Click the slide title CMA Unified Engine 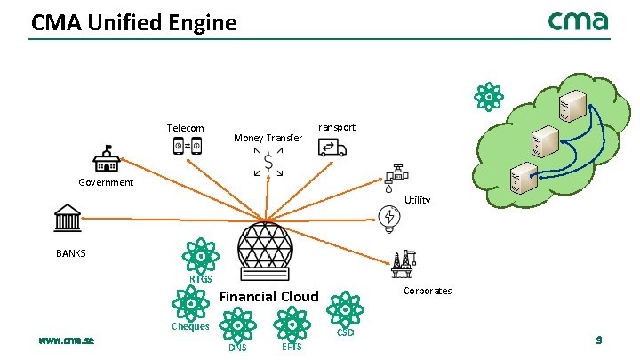[134, 22]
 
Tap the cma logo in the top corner [578, 20]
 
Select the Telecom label [185, 129]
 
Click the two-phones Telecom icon [188, 145]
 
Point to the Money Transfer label [268, 138]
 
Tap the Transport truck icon [333, 148]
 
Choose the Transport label [334, 127]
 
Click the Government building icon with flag [107, 160]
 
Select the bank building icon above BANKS [68, 218]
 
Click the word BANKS [71, 253]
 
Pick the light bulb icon [388, 219]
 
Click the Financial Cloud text [268, 296]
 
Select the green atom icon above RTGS [201, 257]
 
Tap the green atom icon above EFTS [291, 323]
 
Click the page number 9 [599, 340]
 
